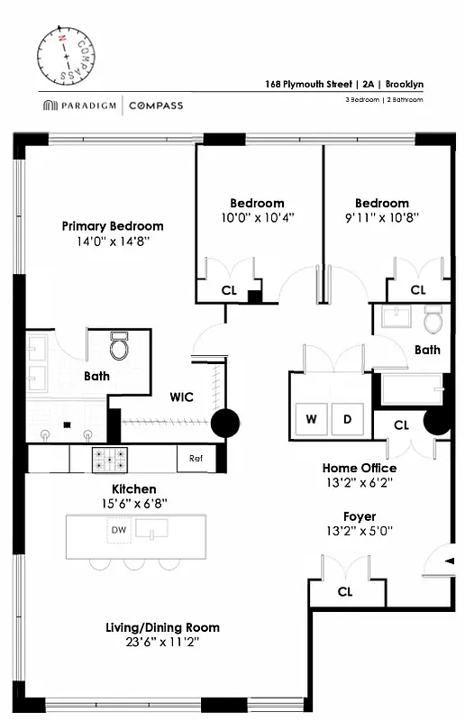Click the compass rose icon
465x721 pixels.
coord(66,54)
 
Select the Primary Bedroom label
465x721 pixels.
coord(113,226)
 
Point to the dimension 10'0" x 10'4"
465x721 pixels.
coord(257,218)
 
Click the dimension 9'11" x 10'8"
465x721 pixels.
coord(381,218)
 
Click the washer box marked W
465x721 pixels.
coord(311,419)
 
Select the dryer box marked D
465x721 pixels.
coord(345,419)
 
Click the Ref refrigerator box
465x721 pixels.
coord(196,459)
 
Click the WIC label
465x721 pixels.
coord(184,396)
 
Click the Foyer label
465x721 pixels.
coord(359,516)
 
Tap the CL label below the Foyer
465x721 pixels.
coord(344,592)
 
